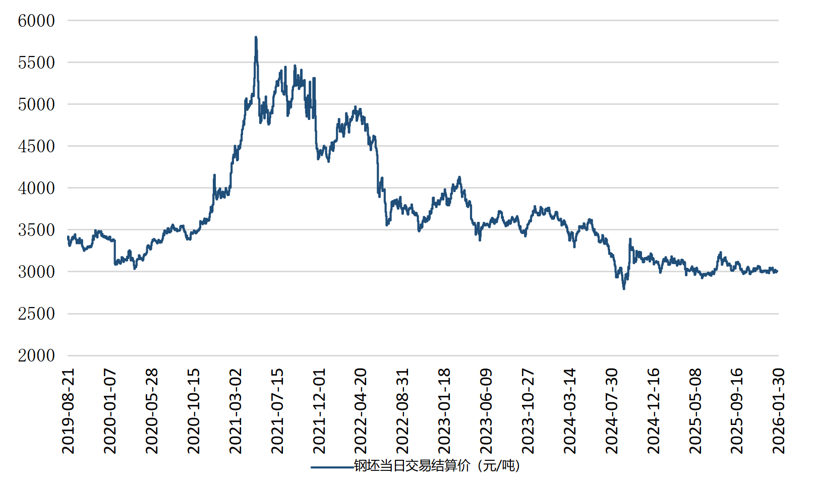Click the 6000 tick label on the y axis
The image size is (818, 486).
36,21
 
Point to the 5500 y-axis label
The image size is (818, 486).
36,63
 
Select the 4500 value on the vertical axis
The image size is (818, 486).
36,146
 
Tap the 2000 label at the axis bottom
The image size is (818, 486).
36,355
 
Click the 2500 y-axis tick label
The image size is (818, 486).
36,314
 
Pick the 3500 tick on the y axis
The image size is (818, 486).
36,230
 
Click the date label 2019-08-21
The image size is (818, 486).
68,411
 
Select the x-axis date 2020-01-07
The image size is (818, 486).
110,411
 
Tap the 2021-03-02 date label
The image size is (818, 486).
236,411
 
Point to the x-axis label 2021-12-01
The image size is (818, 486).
319,411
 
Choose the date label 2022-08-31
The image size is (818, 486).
402,411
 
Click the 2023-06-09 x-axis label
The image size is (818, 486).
486,411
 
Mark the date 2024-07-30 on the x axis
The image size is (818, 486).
612,411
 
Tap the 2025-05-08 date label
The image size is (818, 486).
695,411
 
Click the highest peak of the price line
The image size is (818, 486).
256,37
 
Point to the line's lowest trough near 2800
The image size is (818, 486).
624,288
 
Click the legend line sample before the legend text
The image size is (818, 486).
332,467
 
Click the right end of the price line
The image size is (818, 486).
777,271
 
